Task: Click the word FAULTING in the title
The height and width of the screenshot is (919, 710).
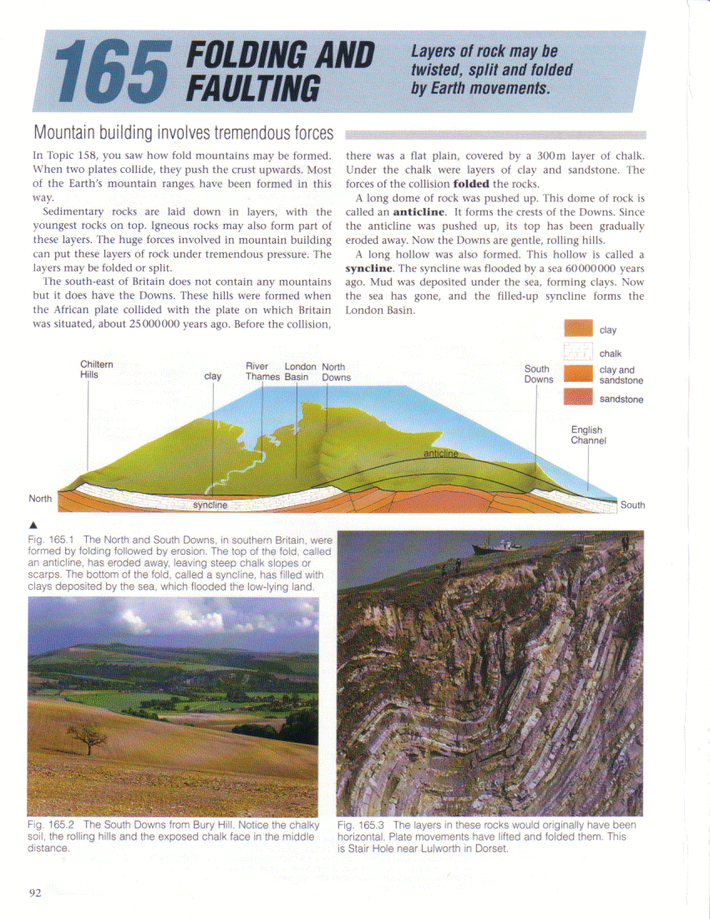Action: (x=254, y=88)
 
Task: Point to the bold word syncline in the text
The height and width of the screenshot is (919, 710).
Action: (x=368, y=268)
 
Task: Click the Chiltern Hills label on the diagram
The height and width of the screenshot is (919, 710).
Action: (x=97, y=370)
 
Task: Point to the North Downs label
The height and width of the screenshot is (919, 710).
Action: (x=335, y=372)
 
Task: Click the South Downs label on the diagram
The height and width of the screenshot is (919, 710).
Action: (x=538, y=373)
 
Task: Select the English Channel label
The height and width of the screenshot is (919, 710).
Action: (x=588, y=435)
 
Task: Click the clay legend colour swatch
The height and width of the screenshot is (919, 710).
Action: (x=578, y=329)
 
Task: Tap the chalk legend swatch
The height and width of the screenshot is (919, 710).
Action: (x=578, y=353)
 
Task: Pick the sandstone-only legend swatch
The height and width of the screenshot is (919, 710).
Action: (x=578, y=399)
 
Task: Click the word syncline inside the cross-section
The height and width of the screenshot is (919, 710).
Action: (x=210, y=505)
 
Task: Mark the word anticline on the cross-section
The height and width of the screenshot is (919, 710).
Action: (x=441, y=453)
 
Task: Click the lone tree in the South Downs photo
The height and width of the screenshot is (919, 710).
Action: (x=88, y=736)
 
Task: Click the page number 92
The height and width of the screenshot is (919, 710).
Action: (x=35, y=892)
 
